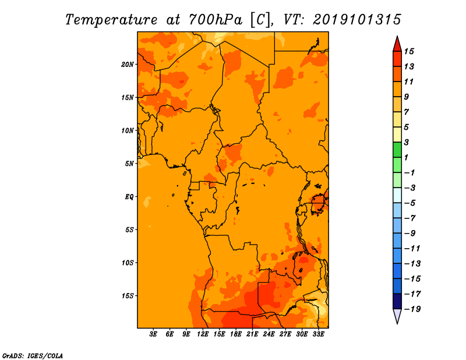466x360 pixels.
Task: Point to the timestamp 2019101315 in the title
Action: [x=356, y=19]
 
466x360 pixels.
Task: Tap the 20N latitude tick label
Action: [x=128, y=64]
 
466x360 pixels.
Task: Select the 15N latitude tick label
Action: [x=128, y=97]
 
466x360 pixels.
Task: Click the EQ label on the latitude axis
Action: [x=129, y=196]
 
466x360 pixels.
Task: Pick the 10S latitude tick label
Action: [x=128, y=263]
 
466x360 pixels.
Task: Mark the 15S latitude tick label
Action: [x=128, y=296]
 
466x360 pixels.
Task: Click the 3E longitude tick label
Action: [x=154, y=335]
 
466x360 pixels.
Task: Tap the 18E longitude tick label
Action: [x=236, y=335]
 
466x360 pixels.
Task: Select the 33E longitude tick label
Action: [x=318, y=335]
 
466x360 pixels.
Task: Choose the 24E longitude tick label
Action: [x=269, y=335]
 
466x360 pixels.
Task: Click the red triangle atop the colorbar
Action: [x=397, y=44]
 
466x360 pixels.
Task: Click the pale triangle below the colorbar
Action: [x=397, y=316]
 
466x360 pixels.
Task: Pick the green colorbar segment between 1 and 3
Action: [x=397, y=150]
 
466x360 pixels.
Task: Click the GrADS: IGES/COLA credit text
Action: [x=32, y=355]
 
